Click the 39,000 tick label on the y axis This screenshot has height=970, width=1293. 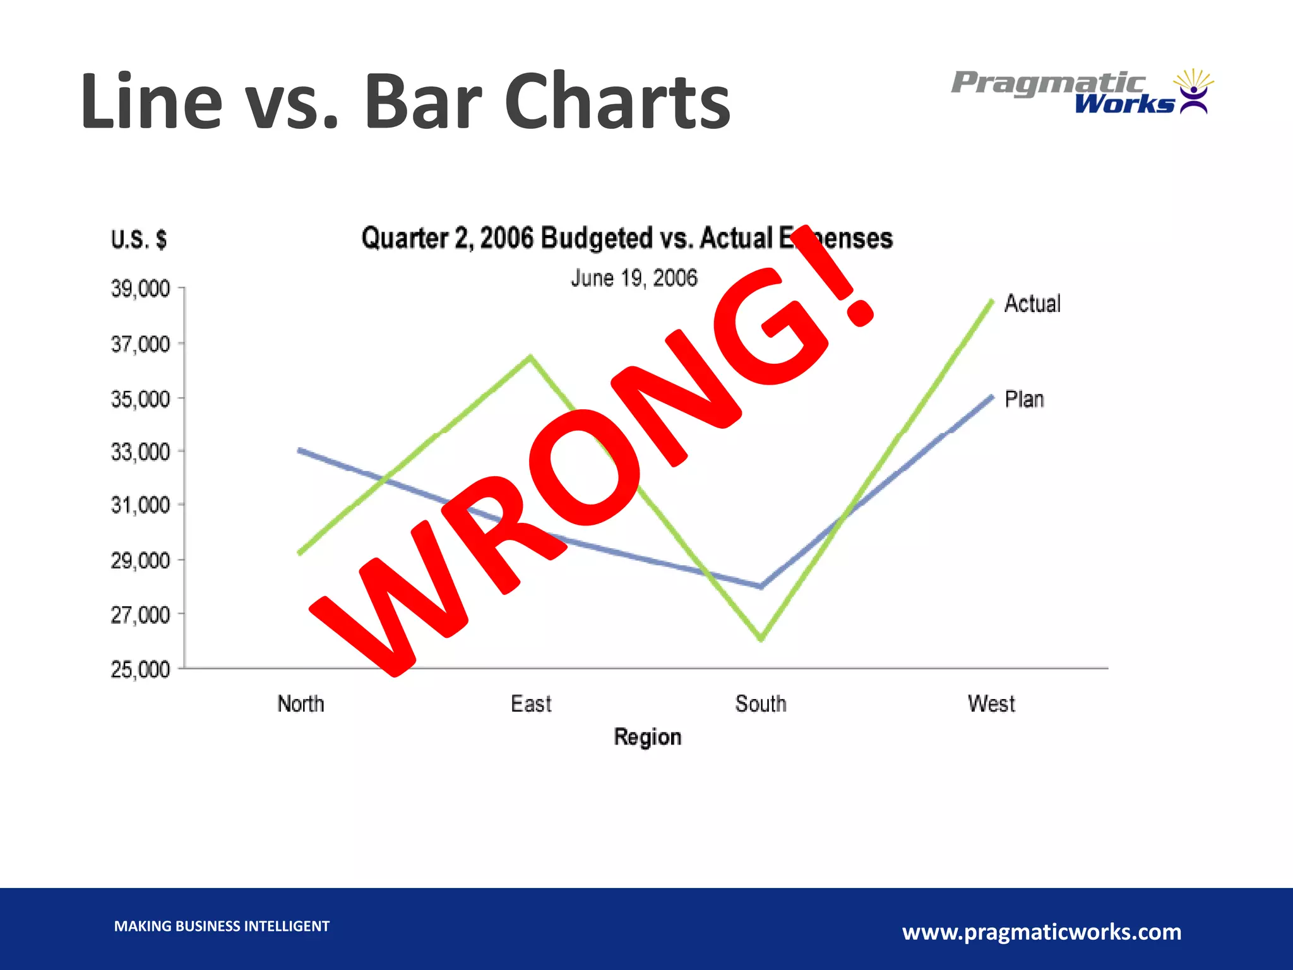tap(140, 289)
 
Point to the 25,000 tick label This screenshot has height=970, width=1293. tap(140, 669)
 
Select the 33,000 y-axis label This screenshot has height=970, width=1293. tap(140, 452)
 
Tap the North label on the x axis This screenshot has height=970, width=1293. tap(301, 704)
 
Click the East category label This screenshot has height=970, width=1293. tap(531, 704)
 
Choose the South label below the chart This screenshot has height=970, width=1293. tap(761, 704)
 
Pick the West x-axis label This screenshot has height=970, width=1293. tap(991, 704)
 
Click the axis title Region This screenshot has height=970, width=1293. tap(648, 737)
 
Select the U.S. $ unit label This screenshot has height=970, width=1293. tap(139, 239)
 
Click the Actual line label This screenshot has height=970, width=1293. tap(1032, 304)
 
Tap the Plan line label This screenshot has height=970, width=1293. tap(1024, 399)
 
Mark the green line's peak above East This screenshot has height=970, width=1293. tap(531, 357)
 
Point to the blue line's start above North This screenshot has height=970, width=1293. tap(300, 450)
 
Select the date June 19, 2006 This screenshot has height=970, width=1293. tap(634, 278)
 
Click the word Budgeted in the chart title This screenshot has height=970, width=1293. tap(596, 239)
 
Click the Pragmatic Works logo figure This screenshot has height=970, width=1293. tap(1193, 92)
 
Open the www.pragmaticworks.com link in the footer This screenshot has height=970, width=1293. tap(1042, 931)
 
